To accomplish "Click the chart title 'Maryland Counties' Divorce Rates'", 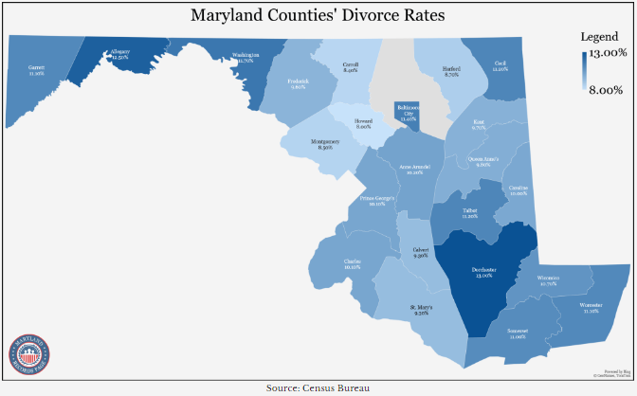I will click(x=318, y=16).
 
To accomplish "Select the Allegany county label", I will click(x=119, y=55).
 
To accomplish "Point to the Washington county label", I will click(x=245, y=58).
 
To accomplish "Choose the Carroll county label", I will click(x=350, y=67).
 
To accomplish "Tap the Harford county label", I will click(x=451, y=71).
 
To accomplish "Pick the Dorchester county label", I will click(x=483, y=273).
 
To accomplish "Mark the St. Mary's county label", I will click(x=422, y=310).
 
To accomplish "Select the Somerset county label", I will click(x=518, y=333).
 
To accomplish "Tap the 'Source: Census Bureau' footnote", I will click(x=318, y=387).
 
